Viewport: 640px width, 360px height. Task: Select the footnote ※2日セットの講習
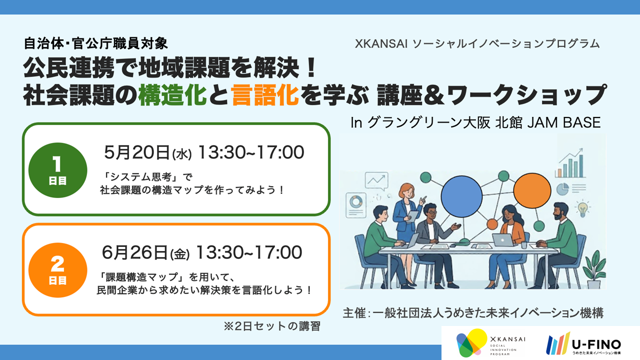272,326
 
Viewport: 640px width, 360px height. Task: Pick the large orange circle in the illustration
532,191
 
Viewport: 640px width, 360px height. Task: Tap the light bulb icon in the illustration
582,207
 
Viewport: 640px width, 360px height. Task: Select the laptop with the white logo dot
502,240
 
